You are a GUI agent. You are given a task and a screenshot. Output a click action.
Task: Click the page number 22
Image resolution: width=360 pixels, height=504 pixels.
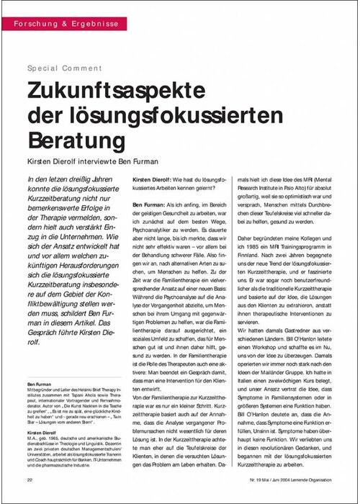point(29,480)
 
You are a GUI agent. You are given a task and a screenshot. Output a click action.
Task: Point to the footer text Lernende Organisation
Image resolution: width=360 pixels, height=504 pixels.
point(314,480)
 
